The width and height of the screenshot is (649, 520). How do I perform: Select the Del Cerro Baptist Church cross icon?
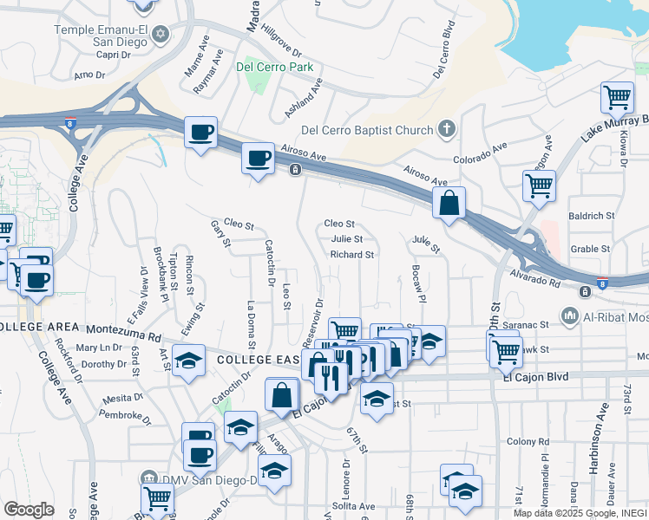pyautogui.click(x=447, y=130)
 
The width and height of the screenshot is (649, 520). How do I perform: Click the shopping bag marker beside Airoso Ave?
pyautogui.click(x=449, y=205)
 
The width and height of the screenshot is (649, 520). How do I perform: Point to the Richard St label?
pyautogui.click(x=351, y=255)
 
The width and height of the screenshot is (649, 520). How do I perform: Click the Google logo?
pyautogui.click(x=29, y=510)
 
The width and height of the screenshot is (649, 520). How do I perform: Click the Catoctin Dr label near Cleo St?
pyautogui.click(x=270, y=263)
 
